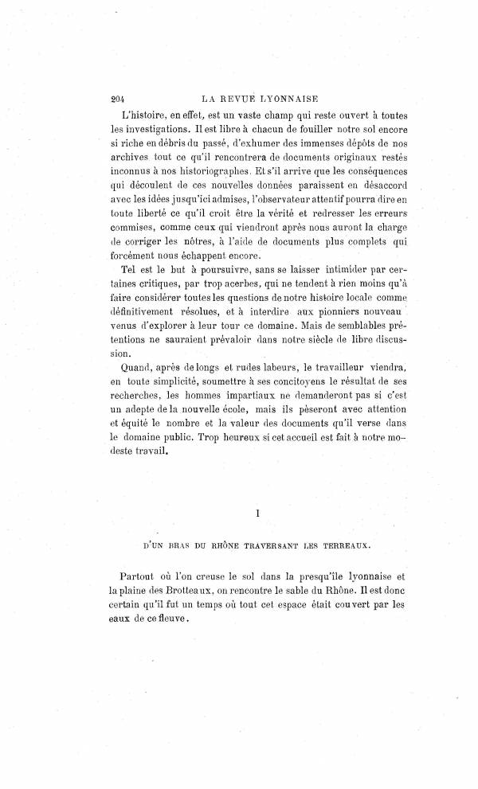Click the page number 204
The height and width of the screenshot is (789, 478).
point(119,100)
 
